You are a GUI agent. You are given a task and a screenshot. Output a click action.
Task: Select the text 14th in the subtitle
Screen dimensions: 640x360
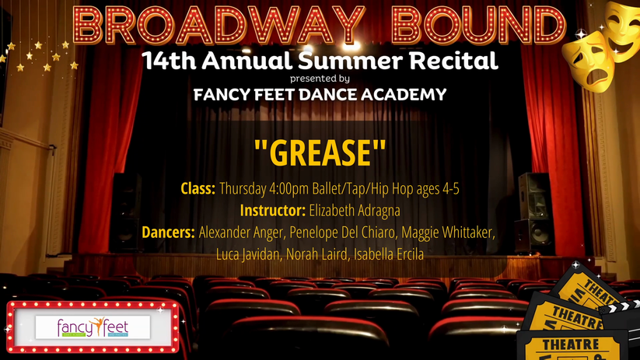pyautogui.click(x=169, y=61)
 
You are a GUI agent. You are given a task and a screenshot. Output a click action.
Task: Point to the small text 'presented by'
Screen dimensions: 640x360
pyautogui.click(x=320, y=79)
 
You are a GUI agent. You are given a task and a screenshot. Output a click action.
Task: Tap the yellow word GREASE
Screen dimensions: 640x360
pyautogui.click(x=320, y=152)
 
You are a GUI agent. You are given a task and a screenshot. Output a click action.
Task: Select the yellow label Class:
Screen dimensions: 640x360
pyautogui.click(x=198, y=189)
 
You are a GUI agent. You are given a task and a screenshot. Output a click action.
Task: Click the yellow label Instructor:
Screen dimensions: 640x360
pyautogui.click(x=273, y=211)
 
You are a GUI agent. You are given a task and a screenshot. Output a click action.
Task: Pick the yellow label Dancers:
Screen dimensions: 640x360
pyautogui.click(x=168, y=232)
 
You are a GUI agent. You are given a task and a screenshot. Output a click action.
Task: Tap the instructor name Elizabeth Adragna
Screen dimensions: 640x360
pyautogui.click(x=355, y=211)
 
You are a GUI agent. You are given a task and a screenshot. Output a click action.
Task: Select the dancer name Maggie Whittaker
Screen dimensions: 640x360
pyautogui.click(x=448, y=232)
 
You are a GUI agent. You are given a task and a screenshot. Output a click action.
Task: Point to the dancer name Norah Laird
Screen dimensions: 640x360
pyautogui.click(x=317, y=254)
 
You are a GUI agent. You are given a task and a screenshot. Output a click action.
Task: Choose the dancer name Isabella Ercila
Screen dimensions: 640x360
pyautogui.click(x=389, y=254)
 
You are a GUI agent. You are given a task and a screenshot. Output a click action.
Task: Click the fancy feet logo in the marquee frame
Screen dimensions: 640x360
pyautogui.click(x=93, y=327)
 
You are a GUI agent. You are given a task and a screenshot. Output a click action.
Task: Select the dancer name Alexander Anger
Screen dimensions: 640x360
pyautogui.click(x=241, y=232)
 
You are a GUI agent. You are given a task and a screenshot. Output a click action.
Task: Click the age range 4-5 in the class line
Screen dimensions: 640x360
pyautogui.click(x=451, y=189)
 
